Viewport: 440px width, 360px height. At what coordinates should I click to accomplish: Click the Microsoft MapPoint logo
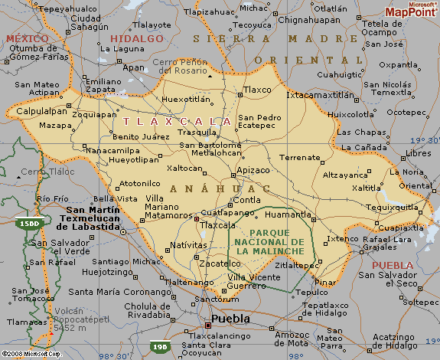[411, 10]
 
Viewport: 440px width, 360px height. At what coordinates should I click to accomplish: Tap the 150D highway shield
[27, 221]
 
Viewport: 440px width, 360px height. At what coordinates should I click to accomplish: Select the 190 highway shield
[158, 346]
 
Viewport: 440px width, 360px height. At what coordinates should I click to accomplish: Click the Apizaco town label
[253, 169]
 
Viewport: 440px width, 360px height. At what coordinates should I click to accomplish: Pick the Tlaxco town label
[257, 90]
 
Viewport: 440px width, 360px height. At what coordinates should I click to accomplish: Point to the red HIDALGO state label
[137, 38]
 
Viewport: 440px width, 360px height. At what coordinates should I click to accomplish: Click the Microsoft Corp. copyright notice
[31, 354]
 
